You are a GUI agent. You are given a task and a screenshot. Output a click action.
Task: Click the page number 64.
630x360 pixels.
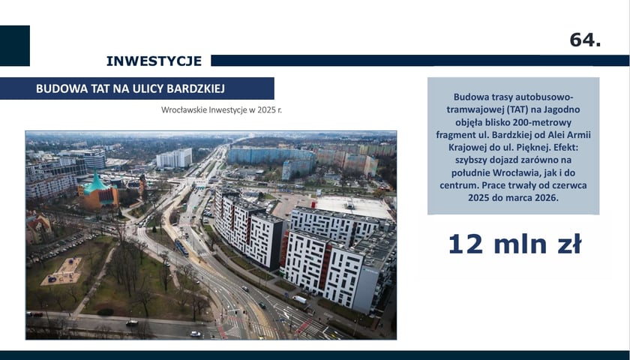(585, 40)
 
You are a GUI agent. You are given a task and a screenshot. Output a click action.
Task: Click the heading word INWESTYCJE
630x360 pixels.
(154, 61)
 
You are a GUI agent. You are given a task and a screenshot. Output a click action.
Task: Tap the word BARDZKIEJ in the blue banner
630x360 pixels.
(191, 88)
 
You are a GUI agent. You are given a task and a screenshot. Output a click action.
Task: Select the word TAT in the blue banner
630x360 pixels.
(102, 88)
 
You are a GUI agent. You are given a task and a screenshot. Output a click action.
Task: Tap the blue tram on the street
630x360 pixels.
(181, 247)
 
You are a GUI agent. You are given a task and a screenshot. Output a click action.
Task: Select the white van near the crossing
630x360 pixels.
(298, 299)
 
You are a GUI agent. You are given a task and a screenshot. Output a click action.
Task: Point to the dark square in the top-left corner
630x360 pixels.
(15, 46)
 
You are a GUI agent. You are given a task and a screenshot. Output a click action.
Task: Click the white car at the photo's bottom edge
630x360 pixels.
(195, 333)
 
